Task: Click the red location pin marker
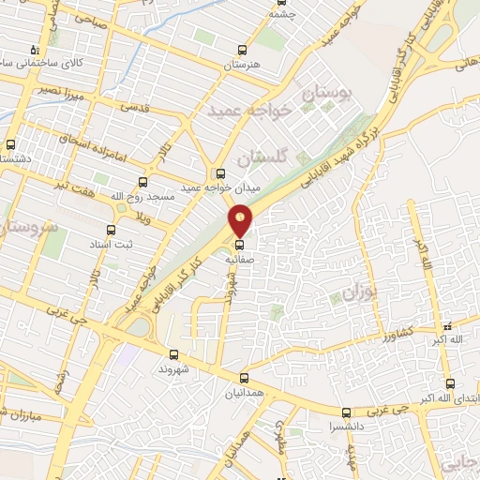(241, 220)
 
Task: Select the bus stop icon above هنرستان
(243, 51)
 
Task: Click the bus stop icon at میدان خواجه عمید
(221, 173)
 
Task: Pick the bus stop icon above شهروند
(173, 354)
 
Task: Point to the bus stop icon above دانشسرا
(346, 412)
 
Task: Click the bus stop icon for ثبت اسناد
(111, 230)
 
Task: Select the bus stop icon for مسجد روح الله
(142, 182)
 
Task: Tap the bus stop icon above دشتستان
(11, 145)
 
